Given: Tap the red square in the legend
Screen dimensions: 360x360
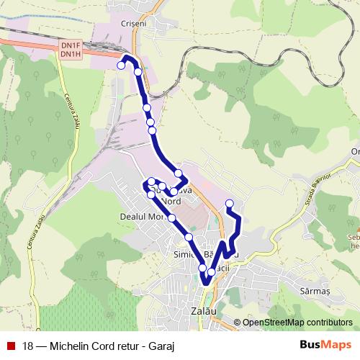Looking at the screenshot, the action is (11, 344).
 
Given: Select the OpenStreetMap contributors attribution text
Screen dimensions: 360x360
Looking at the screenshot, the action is (297, 322).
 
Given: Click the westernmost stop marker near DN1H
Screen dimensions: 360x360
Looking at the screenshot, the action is (121, 65).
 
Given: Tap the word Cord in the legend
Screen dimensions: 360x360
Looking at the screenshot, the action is (104, 345).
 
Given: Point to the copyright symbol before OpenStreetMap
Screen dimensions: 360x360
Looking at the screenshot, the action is (238, 323).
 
